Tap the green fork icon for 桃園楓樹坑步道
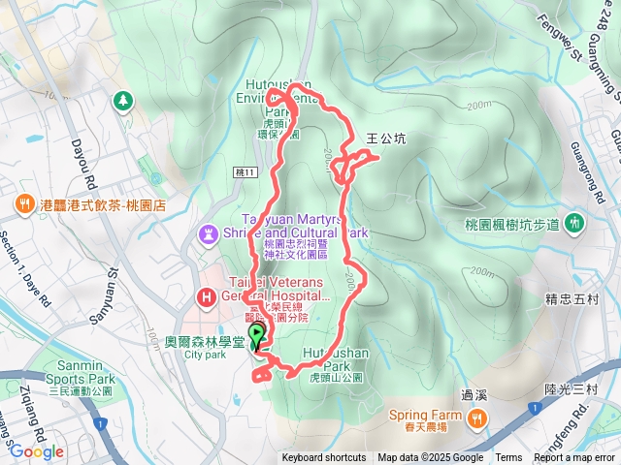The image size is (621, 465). point(574,223)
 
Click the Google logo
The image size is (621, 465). point(37,451)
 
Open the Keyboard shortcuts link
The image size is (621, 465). point(324,458)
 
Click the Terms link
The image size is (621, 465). point(508,458)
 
